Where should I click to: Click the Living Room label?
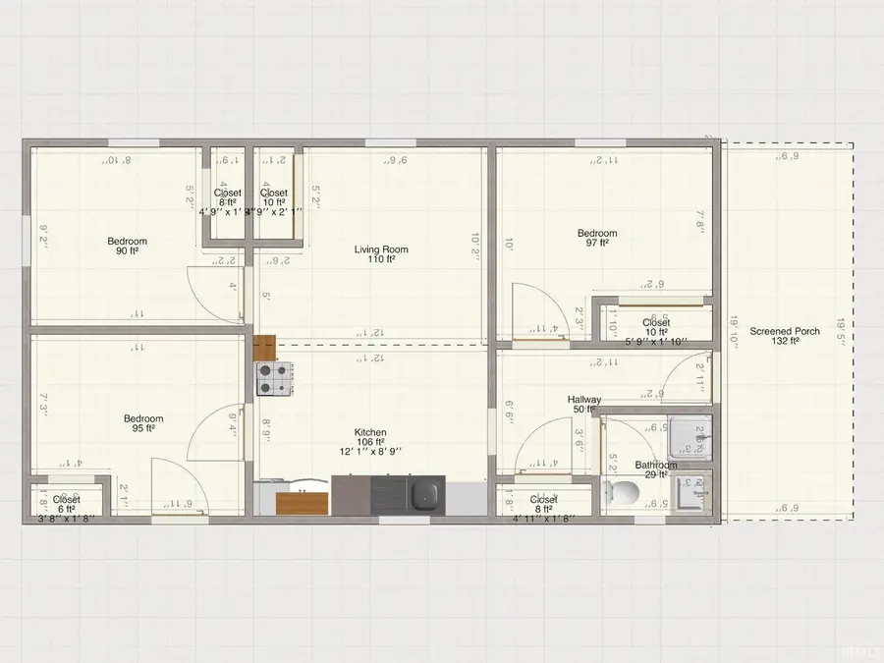coord(381,249)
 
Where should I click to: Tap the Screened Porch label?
coord(785,332)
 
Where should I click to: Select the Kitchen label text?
coord(370,432)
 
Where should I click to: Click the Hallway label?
coord(584,400)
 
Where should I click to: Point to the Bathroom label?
coord(655,466)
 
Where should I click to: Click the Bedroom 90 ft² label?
coord(128,242)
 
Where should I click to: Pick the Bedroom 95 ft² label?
coord(142,419)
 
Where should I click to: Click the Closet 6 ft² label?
coord(67,500)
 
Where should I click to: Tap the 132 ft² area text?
coord(785,343)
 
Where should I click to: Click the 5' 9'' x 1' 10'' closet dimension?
coord(656,343)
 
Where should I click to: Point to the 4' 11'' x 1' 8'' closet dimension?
coord(544,520)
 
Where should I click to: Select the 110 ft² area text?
coord(381,260)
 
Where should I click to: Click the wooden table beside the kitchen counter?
coord(302,503)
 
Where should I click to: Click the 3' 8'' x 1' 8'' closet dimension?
coord(67,520)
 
